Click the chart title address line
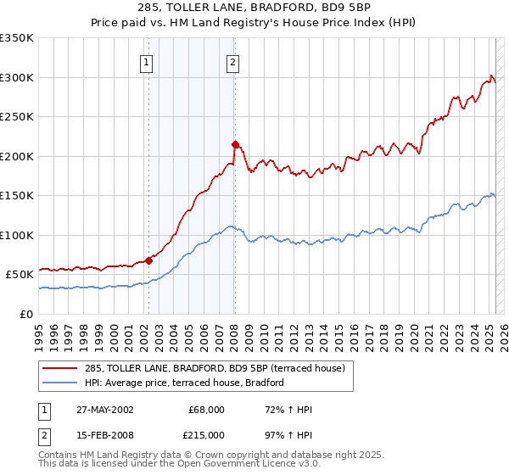pos(254,7)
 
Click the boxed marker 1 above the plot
pos(148,61)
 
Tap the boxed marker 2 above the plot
pos(232,61)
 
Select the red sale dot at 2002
pos(149,260)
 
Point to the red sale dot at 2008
pos(235,144)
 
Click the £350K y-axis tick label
pos(17,38)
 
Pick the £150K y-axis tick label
pos(17,195)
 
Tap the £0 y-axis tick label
pos(26,313)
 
